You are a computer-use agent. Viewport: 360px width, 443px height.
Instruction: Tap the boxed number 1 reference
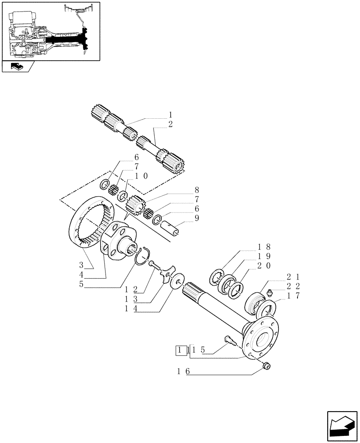(x=180, y=350)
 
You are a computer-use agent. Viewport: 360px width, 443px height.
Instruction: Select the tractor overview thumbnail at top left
(x=51, y=31)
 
